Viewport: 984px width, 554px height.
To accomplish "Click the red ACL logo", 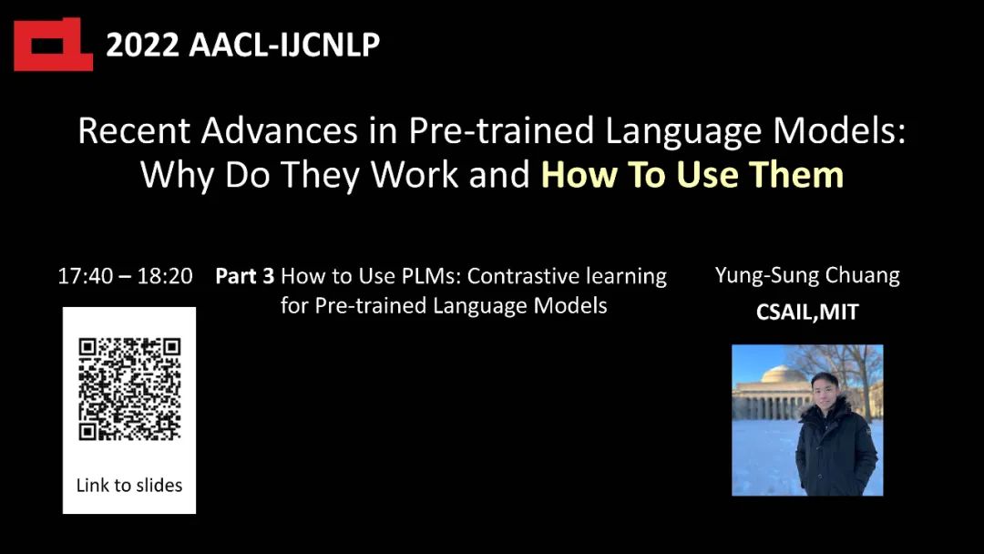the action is point(54,45).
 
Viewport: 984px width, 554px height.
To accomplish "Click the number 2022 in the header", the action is point(142,46).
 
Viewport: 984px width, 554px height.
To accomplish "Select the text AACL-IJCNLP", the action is point(284,46).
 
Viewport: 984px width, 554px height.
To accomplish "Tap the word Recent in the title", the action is point(134,131).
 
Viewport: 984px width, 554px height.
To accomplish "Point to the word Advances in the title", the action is point(280,131).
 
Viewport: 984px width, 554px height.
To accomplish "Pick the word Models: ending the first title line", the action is point(839,131).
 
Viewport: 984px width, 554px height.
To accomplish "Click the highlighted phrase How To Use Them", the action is point(692,174).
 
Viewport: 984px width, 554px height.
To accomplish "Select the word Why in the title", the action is point(177,175).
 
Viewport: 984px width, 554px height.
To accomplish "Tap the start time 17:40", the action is point(86,276).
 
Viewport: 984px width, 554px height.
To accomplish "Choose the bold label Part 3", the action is point(245,276).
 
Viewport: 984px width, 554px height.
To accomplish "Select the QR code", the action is point(130,389).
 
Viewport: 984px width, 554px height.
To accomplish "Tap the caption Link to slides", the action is point(129,485).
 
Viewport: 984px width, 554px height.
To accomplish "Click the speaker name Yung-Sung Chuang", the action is point(807,276).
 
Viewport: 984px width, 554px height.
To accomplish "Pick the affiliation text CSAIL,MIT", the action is point(807,312).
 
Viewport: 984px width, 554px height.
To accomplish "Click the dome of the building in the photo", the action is point(784,375).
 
